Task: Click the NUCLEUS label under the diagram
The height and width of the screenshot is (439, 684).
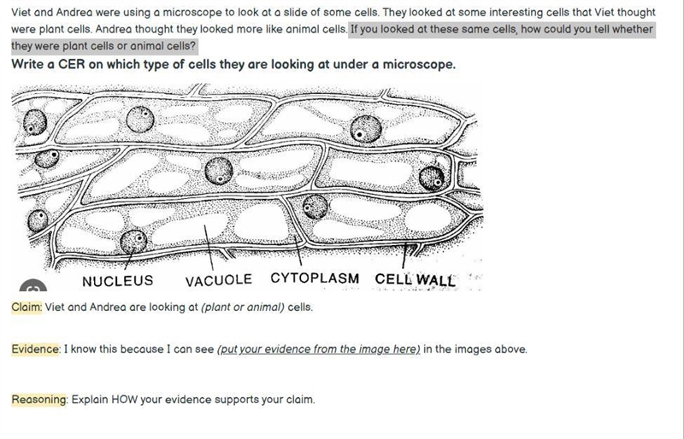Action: pyautogui.click(x=118, y=281)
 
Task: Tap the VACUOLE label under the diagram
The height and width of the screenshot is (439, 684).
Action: pyautogui.click(x=219, y=280)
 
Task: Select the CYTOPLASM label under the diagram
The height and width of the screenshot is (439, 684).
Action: pyautogui.click(x=315, y=278)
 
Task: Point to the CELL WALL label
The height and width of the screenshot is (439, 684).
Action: pyautogui.click(x=415, y=279)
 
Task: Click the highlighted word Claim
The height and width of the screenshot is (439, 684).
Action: pyautogui.click(x=27, y=307)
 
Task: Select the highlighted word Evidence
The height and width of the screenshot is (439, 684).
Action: pyautogui.click(x=35, y=349)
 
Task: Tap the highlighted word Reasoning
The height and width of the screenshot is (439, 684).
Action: pyautogui.click(x=38, y=400)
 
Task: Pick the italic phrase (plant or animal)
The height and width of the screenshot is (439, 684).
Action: pyautogui.click(x=243, y=307)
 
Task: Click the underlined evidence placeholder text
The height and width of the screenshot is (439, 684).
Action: pyautogui.click(x=318, y=349)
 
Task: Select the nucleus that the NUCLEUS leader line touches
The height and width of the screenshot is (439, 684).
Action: pyautogui.click(x=133, y=242)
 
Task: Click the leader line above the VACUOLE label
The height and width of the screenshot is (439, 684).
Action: pyautogui.click(x=209, y=247)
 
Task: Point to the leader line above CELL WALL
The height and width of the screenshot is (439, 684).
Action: pyautogui.click(x=404, y=256)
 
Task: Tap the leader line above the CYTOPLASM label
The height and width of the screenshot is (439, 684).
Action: pyautogui.click(x=298, y=251)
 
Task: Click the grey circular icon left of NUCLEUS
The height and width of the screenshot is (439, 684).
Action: pyautogui.click(x=33, y=285)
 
